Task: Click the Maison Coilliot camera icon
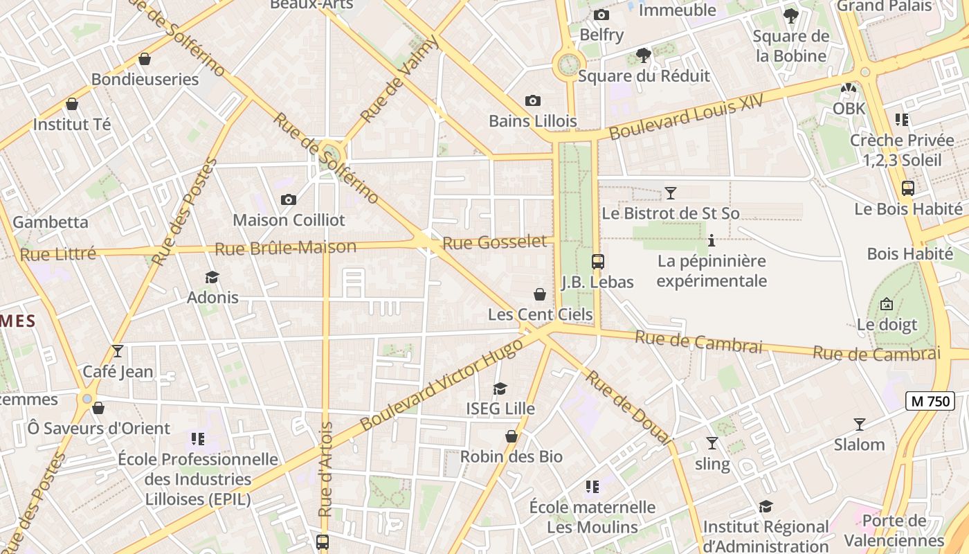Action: tap(289, 199)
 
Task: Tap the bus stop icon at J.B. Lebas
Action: tap(598, 262)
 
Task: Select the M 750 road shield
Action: tap(930, 400)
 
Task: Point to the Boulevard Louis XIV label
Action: tap(686, 116)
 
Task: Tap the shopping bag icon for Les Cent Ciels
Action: tap(540, 294)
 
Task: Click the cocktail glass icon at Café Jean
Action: tap(118, 351)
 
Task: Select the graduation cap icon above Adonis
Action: tap(212, 277)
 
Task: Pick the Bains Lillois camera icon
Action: tap(532, 100)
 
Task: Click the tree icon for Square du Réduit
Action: tap(643, 55)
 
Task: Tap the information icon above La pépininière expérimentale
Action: tap(711, 241)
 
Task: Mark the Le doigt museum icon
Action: tap(886, 304)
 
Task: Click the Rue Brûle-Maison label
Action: tap(285, 247)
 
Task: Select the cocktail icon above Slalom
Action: tap(859, 424)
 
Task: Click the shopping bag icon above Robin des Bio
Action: tap(511, 436)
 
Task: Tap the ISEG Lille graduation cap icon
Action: tap(500, 388)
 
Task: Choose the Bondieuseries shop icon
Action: tap(145, 59)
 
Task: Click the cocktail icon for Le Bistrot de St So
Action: tap(670, 193)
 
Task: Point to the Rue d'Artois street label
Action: tap(325, 469)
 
